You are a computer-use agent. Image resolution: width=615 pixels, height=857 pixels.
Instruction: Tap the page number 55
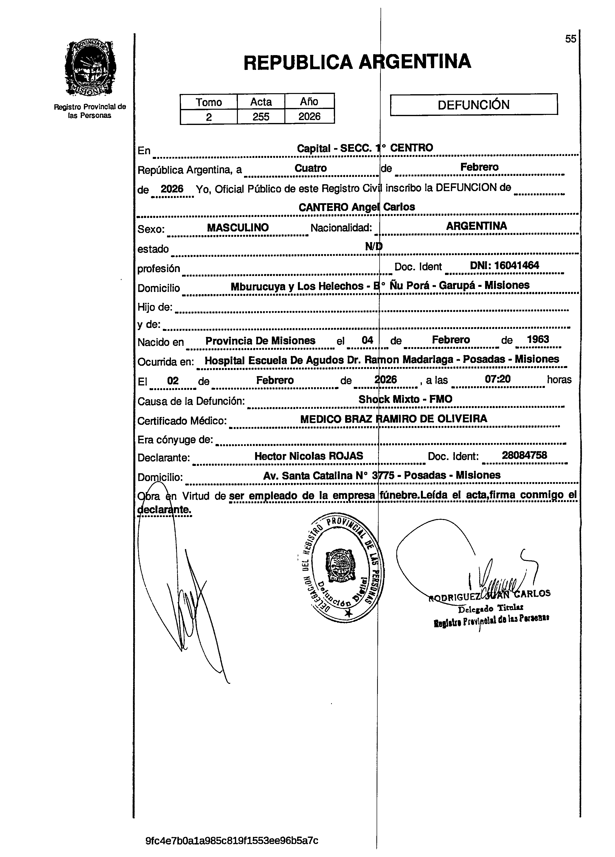pos(570,39)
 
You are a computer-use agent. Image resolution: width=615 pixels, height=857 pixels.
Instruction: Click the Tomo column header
pos(209,102)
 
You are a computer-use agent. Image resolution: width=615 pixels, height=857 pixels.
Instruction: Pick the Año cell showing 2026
pos(309,116)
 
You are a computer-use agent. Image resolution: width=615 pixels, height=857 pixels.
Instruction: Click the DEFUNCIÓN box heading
pos(473,105)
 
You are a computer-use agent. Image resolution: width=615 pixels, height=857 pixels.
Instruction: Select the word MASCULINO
pos(238,228)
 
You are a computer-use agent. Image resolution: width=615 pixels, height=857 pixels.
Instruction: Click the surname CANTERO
pos(323,207)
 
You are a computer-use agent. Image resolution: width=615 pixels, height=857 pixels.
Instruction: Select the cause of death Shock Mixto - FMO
pos(405,399)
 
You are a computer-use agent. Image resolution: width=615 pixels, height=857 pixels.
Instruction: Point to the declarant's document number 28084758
pos(524,455)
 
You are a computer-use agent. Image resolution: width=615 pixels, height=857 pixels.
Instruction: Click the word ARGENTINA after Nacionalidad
pos(476,226)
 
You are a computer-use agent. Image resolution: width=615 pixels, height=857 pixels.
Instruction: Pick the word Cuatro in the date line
pos(311,168)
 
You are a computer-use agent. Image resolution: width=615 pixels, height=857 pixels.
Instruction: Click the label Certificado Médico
pos(182,421)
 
